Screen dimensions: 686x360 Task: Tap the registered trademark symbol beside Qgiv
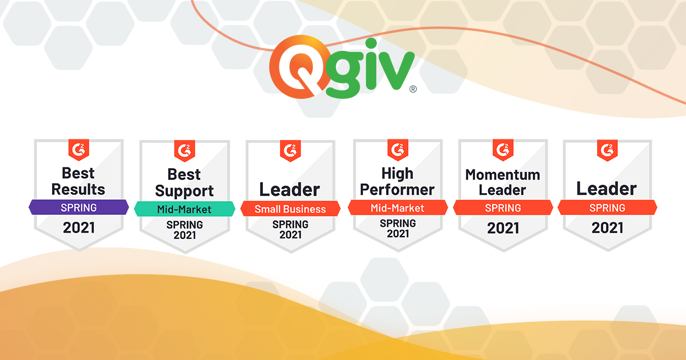tap(413, 89)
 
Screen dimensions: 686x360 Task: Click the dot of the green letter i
tap(371, 43)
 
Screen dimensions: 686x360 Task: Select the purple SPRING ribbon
tap(79, 207)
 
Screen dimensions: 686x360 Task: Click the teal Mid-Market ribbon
tap(185, 209)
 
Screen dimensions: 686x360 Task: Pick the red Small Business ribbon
tap(290, 209)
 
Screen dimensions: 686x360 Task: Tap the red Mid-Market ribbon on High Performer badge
tap(397, 208)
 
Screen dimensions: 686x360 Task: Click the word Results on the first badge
tap(78, 189)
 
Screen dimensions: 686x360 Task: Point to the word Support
tap(184, 191)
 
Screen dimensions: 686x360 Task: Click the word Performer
tap(397, 190)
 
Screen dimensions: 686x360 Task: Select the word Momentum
tap(503, 175)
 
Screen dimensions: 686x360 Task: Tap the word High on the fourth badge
tap(397, 174)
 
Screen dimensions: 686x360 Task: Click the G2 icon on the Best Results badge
tap(79, 150)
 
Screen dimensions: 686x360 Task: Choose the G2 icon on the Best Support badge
tap(185, 151)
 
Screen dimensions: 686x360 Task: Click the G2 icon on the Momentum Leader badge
tap(503, 150)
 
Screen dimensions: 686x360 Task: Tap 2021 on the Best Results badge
tap(79, 228)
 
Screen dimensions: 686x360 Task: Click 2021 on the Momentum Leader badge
tap(503, 228)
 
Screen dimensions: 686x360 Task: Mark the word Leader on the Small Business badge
tap(290, 190)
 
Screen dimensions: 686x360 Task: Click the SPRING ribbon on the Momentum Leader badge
tap(503, 208)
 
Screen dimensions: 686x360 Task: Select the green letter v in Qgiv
tap(396, 71)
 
